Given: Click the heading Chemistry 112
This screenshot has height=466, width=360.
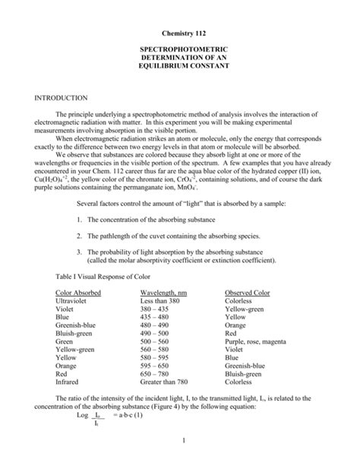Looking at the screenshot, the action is pyautogui.click(x=179, y=34).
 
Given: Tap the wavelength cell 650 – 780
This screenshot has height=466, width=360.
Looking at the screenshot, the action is pyautogui.click(x=155, y=374).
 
